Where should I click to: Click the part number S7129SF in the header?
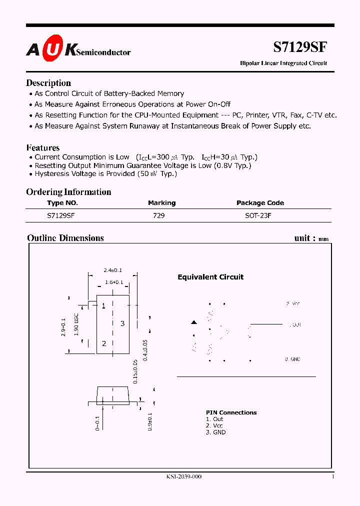[300, 47]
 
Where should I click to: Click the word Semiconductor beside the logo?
[103, 52]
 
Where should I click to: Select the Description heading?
[48, 83]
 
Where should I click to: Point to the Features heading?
[43, 147]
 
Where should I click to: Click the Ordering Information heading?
[68, 192]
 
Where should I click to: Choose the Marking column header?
[161, 203]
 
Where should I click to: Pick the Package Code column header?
[260, 203]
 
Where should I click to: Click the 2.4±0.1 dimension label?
[112, 270]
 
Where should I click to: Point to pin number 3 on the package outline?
[122, 323]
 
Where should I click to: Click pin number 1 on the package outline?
[103, 306]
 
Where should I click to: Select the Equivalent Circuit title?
[210, 277]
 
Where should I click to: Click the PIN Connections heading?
[231, 412]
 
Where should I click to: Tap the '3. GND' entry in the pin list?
[215, 432]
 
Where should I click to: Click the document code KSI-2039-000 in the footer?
[184, 477]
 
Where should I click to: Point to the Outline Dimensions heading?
[65, 238]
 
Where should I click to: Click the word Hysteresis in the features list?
[51, 174]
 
